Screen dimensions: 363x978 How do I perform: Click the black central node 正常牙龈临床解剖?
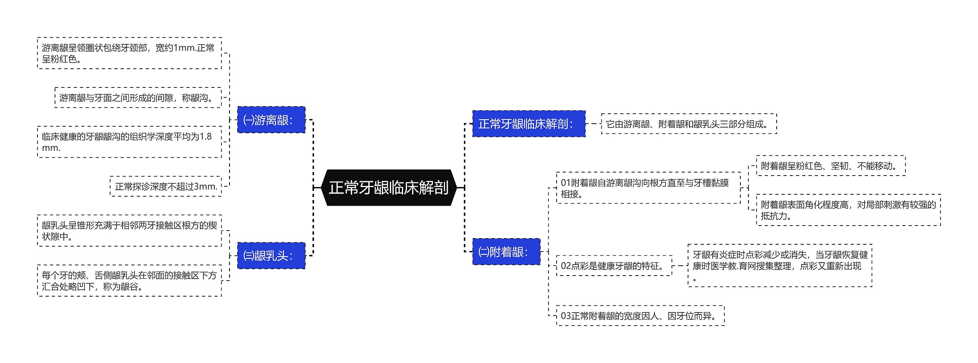389,188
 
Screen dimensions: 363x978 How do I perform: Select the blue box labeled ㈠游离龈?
271,120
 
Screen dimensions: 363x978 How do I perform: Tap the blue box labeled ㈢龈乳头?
271,255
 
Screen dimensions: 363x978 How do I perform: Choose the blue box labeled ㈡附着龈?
506,252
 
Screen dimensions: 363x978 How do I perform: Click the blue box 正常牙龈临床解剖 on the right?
528,124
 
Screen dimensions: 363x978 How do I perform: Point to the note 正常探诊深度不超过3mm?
166,186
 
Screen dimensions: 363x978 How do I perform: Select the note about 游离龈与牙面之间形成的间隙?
138,98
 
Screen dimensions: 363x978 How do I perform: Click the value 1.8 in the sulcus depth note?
206,137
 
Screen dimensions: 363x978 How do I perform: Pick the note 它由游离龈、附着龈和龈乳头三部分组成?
688,124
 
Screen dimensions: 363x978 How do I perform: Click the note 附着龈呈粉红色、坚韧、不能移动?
831,166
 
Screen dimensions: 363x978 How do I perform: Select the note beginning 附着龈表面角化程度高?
848,210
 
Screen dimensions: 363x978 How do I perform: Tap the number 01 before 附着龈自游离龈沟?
565,183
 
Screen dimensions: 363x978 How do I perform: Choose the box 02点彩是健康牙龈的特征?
614,266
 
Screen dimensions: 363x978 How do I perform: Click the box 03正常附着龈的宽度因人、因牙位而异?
640,316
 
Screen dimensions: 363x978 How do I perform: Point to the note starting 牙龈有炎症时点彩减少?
780,266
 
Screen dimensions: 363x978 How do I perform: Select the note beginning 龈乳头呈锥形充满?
129,231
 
